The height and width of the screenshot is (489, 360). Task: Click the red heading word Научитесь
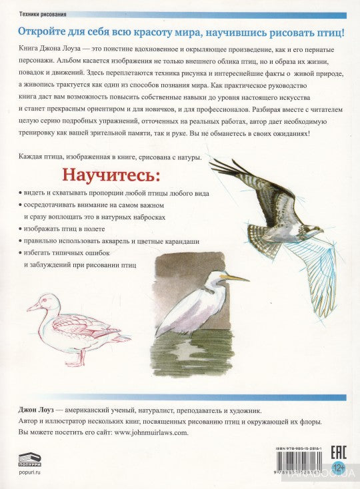click(x=111, y=176)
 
